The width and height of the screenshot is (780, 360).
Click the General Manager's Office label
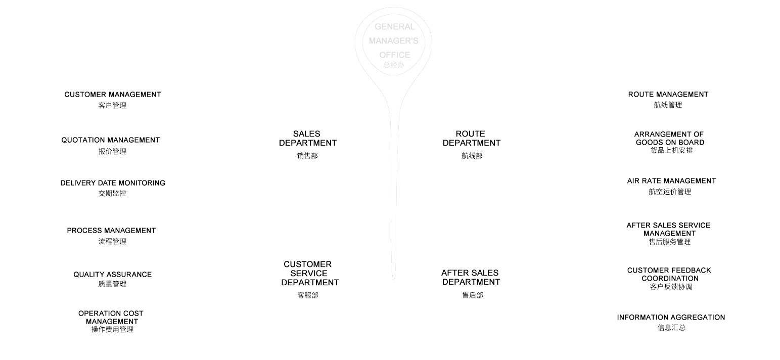click(x=393, y=41)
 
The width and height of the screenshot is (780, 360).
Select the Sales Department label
click(x=307, y=139)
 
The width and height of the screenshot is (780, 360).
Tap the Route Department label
click(x=471, y=139)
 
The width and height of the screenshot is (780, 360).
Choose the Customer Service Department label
click(x=310, y=274)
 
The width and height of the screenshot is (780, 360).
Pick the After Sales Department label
click(x=471, y=278)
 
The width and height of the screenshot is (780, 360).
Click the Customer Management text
click(x=113, y=95)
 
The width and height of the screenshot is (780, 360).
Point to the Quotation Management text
click(x=111, y=140)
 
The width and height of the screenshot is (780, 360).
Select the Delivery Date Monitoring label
click(x=113, y=183)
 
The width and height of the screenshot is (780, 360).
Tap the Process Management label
click(x=111, y=231)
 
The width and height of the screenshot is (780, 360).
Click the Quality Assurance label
click(x=112, y=275)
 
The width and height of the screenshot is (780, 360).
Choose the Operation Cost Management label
click(x=111, y=318)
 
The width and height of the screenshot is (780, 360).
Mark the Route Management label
click(x=668, y=95)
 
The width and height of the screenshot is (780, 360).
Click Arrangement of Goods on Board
click(x=669, y=139)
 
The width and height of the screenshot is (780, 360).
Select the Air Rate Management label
click(x=671, y=181)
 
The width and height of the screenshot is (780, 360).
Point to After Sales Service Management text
click(x=669, y=230)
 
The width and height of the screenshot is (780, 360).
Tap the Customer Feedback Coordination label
click(x=669, y=275)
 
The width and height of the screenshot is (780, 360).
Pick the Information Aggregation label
click(x=671, y=318)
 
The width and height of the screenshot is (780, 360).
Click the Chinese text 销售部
click(x=307, y=156)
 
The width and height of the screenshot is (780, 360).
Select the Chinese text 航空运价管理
click(x=670, y=192)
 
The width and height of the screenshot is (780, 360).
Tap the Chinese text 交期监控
click(x=112, y=193)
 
